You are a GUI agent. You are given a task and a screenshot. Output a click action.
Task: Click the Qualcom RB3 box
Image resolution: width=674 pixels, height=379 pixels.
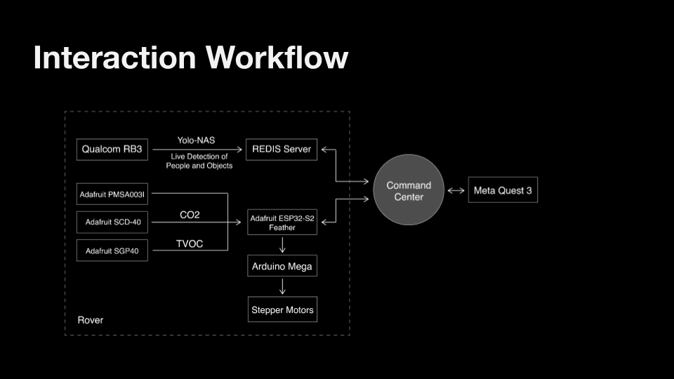(x=112, y=149)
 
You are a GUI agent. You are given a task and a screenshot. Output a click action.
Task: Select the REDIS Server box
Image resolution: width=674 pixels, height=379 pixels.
(x=282, y=149)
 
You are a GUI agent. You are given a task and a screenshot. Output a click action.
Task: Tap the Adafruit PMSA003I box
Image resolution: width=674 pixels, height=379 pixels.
(x=112, y=194)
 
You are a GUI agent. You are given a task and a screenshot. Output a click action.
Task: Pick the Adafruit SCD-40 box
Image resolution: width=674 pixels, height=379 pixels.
(x=112, y=222)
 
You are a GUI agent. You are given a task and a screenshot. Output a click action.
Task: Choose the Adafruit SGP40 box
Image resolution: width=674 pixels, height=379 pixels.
(x=112, y=251)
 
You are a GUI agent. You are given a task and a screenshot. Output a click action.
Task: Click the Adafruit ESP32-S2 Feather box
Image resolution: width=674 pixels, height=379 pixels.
(x=282, y=222)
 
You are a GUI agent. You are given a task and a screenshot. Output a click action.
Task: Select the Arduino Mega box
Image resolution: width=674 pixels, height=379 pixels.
(x=282, y=266)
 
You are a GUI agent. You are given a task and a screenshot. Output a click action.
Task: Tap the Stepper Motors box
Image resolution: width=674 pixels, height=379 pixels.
(x=282, y=310)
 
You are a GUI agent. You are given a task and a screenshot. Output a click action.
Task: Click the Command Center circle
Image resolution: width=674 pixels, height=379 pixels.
(x=409, y=190)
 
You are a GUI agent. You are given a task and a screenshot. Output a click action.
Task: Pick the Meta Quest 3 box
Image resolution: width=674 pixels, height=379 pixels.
(x=503, y=190)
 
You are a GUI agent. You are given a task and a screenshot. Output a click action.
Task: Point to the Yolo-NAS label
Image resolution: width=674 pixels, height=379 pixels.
(x=196, y=140)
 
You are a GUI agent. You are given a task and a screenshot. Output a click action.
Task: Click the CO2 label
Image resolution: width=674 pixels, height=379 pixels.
(x=190, y=215)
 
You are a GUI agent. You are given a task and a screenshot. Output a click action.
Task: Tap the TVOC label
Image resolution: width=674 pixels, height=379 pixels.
(x=190, y=244)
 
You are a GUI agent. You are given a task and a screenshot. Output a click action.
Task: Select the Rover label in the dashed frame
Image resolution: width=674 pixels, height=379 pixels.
(x=91, y=320)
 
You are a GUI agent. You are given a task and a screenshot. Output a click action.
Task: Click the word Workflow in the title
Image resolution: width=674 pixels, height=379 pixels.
(x=277, y=57)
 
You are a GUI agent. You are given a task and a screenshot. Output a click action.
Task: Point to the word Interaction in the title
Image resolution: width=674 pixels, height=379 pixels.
(x=114, y=57)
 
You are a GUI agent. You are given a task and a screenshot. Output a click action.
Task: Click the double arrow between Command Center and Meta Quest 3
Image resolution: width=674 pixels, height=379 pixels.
(x=456, y=190)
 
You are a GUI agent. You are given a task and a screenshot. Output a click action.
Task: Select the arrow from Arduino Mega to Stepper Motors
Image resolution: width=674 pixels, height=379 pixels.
(x=282, y=286)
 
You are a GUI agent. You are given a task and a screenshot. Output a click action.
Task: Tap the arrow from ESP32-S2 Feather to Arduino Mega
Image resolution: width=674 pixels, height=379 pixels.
(x=282, y=245)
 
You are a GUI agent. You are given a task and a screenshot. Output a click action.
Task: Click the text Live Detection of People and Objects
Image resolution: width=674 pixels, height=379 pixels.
(x=199, y=161)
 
